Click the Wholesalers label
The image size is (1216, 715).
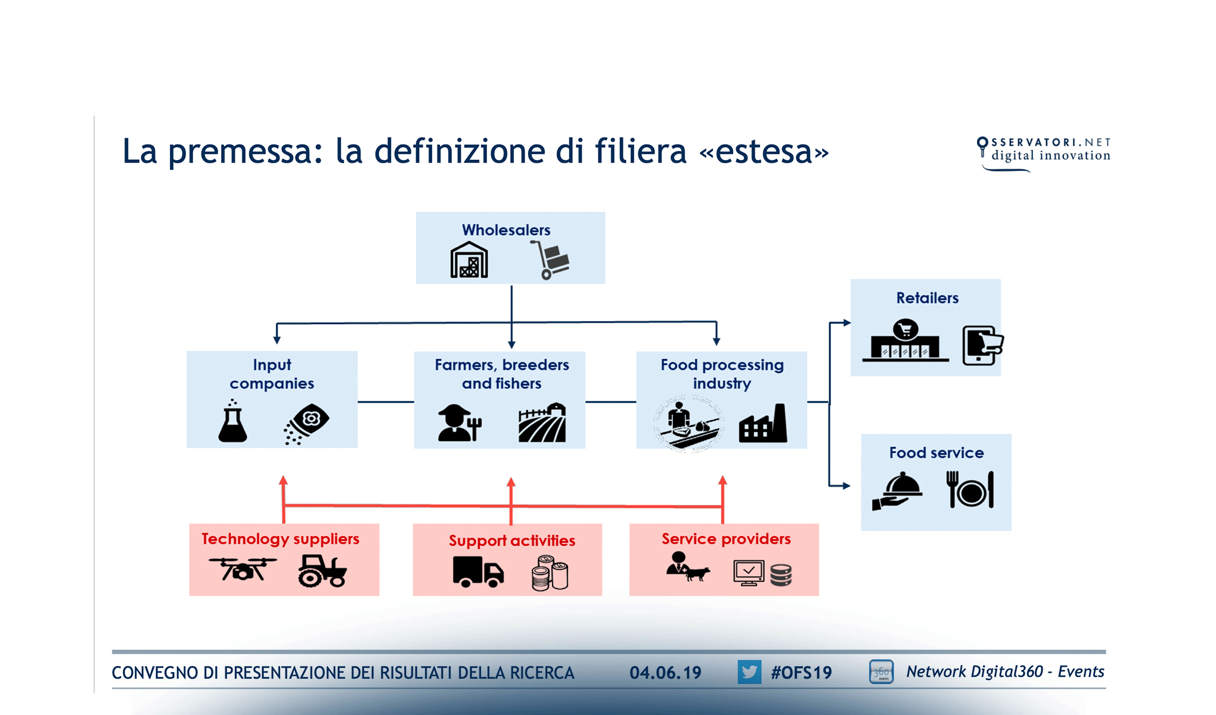tap(506, 230)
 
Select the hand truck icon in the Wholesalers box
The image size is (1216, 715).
tap(551, 260)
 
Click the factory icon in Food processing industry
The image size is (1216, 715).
tap(763, 424)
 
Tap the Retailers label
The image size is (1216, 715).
tap(927, 298)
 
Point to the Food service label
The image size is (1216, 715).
tap(936, 453)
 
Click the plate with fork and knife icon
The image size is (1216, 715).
tap(970, 490)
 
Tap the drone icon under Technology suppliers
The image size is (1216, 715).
tap(243, 569)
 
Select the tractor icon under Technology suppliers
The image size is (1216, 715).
tap(322, 571)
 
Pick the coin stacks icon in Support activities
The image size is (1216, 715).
tap(550, 573)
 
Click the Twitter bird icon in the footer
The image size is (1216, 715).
tap(749, 672)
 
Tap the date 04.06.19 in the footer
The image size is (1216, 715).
tap(665, 673)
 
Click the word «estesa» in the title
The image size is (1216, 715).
tap(764, 151)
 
